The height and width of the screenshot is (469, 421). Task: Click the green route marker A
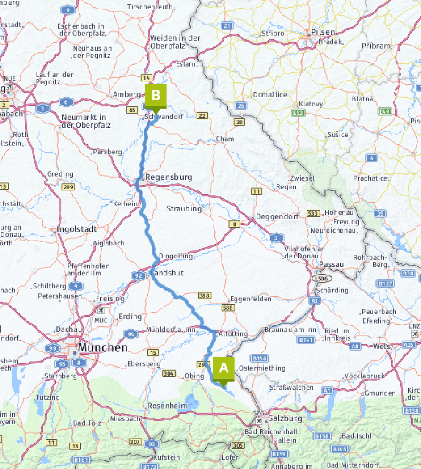(x=223, y=369)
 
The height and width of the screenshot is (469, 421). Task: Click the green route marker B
(x=156, y=96)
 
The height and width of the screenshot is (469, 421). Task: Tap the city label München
(x=102, y=347)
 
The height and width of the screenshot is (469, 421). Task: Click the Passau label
(x=331, y=265)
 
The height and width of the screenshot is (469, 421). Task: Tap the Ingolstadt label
(x=76, y=229)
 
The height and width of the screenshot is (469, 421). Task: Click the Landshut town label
(x=167, y=273)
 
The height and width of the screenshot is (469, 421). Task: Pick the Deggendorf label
(x=275, y=217)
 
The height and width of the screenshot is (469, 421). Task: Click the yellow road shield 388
(x=204, y=295)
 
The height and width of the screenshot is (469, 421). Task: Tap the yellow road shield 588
(x=228, y=308)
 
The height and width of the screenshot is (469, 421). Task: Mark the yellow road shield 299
(x=68, y=187)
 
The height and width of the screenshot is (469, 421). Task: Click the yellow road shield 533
(x=313, y=213)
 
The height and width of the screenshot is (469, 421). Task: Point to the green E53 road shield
(x=298, y=113)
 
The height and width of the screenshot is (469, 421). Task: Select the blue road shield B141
(x=306, y=340)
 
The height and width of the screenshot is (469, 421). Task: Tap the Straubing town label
(x=184, y=209)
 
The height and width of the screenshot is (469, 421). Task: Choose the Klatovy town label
(x=311, y=104)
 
